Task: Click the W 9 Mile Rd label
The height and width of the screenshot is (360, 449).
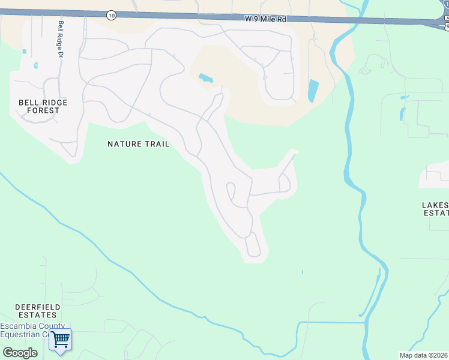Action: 265,19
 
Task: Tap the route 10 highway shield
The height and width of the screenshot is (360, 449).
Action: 111,15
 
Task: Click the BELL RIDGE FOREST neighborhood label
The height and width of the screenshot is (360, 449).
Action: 43,106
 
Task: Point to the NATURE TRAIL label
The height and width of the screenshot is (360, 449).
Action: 138,144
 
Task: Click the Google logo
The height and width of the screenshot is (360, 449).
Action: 20,353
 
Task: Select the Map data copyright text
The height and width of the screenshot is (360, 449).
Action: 424,355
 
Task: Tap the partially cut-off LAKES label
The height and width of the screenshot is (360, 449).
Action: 435,209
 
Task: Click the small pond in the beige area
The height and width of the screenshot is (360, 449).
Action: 205,78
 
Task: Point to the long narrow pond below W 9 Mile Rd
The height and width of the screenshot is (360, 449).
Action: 313,91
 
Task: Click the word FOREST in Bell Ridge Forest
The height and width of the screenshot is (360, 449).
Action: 43,110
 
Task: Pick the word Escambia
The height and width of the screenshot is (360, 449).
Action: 17,326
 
